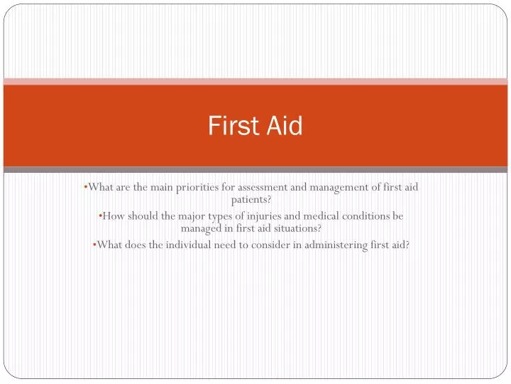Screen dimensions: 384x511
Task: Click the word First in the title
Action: coord(231,126)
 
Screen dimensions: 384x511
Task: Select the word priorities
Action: coord(191,187)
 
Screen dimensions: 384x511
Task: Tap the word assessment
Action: coord(255,187)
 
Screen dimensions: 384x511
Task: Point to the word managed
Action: coord(202,229)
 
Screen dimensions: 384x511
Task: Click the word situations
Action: coord(297,229)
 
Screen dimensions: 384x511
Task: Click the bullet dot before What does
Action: coord(94,245)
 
